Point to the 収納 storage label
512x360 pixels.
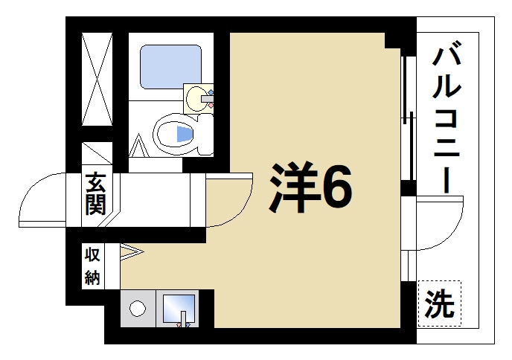coord(92,266)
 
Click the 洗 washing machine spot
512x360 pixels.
coord(439,303)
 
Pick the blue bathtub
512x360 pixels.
coord(170,68)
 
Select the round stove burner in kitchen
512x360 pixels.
coord(138,308)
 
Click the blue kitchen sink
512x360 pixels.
coord(178,307)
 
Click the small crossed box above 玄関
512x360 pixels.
coord(96,154)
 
